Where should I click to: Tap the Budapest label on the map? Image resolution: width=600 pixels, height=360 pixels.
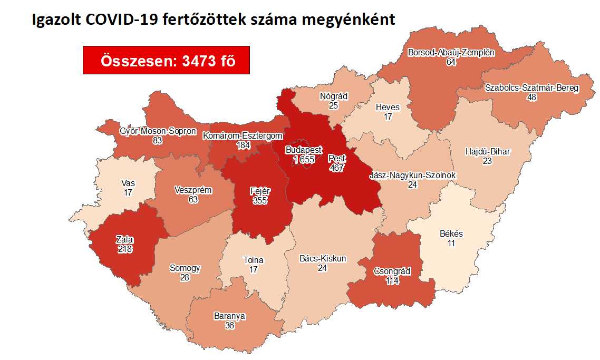304,150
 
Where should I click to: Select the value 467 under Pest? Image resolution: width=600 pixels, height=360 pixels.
336,168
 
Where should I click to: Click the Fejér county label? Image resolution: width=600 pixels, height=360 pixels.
259,191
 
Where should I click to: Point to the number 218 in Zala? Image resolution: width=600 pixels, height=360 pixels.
124,249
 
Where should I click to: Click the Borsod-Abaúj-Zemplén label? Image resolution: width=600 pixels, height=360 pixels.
451,52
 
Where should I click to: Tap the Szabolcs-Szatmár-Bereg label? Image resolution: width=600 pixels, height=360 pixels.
532,88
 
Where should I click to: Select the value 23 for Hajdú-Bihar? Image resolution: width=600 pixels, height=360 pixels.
488,161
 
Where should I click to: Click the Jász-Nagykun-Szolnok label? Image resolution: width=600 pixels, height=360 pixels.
413,175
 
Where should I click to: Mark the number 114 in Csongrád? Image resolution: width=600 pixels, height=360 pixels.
392,281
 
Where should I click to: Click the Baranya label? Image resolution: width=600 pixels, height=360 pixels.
230,316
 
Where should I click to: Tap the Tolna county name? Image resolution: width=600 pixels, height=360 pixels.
253,260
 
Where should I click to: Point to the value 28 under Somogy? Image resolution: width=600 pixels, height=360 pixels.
184,277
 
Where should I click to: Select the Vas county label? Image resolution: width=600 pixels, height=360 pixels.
128,183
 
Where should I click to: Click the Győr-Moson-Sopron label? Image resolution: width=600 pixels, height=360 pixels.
158,131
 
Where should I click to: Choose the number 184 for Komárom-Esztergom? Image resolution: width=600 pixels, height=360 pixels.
243,145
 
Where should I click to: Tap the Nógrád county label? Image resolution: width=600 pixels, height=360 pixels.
333,96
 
